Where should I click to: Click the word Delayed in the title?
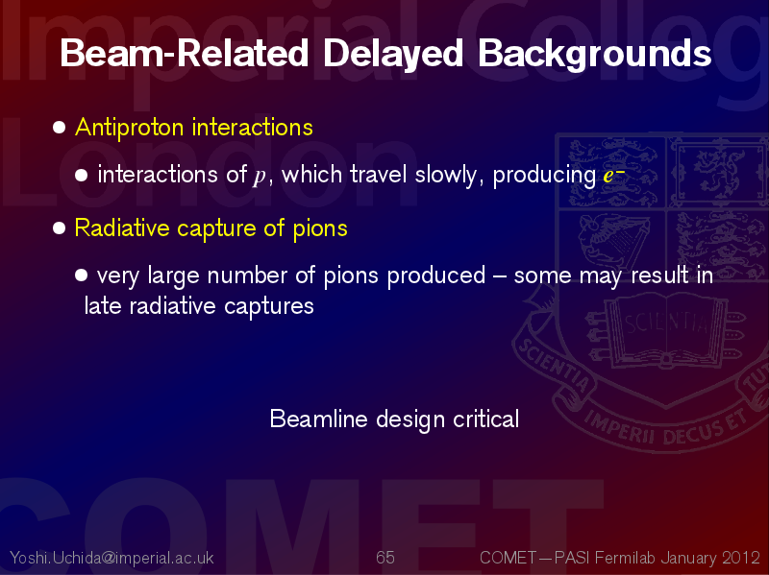(393, 55)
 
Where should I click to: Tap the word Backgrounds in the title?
(594, 55)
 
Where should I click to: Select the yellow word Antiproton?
(130, 128)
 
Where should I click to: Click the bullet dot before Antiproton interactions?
(59, 128)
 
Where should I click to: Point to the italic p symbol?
(259, 176)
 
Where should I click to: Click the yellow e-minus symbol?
(613, 174)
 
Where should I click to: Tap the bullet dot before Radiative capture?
(59, 228)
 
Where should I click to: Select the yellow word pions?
(320, 228)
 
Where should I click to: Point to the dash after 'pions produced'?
(499, 276)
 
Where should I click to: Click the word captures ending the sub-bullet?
(269, 307)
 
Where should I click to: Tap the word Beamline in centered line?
(319, 419)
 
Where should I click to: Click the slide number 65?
(385, 558)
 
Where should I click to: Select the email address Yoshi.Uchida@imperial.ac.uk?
(112, 558)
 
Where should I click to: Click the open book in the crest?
(666, 329)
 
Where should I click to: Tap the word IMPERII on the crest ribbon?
(619, 427)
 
